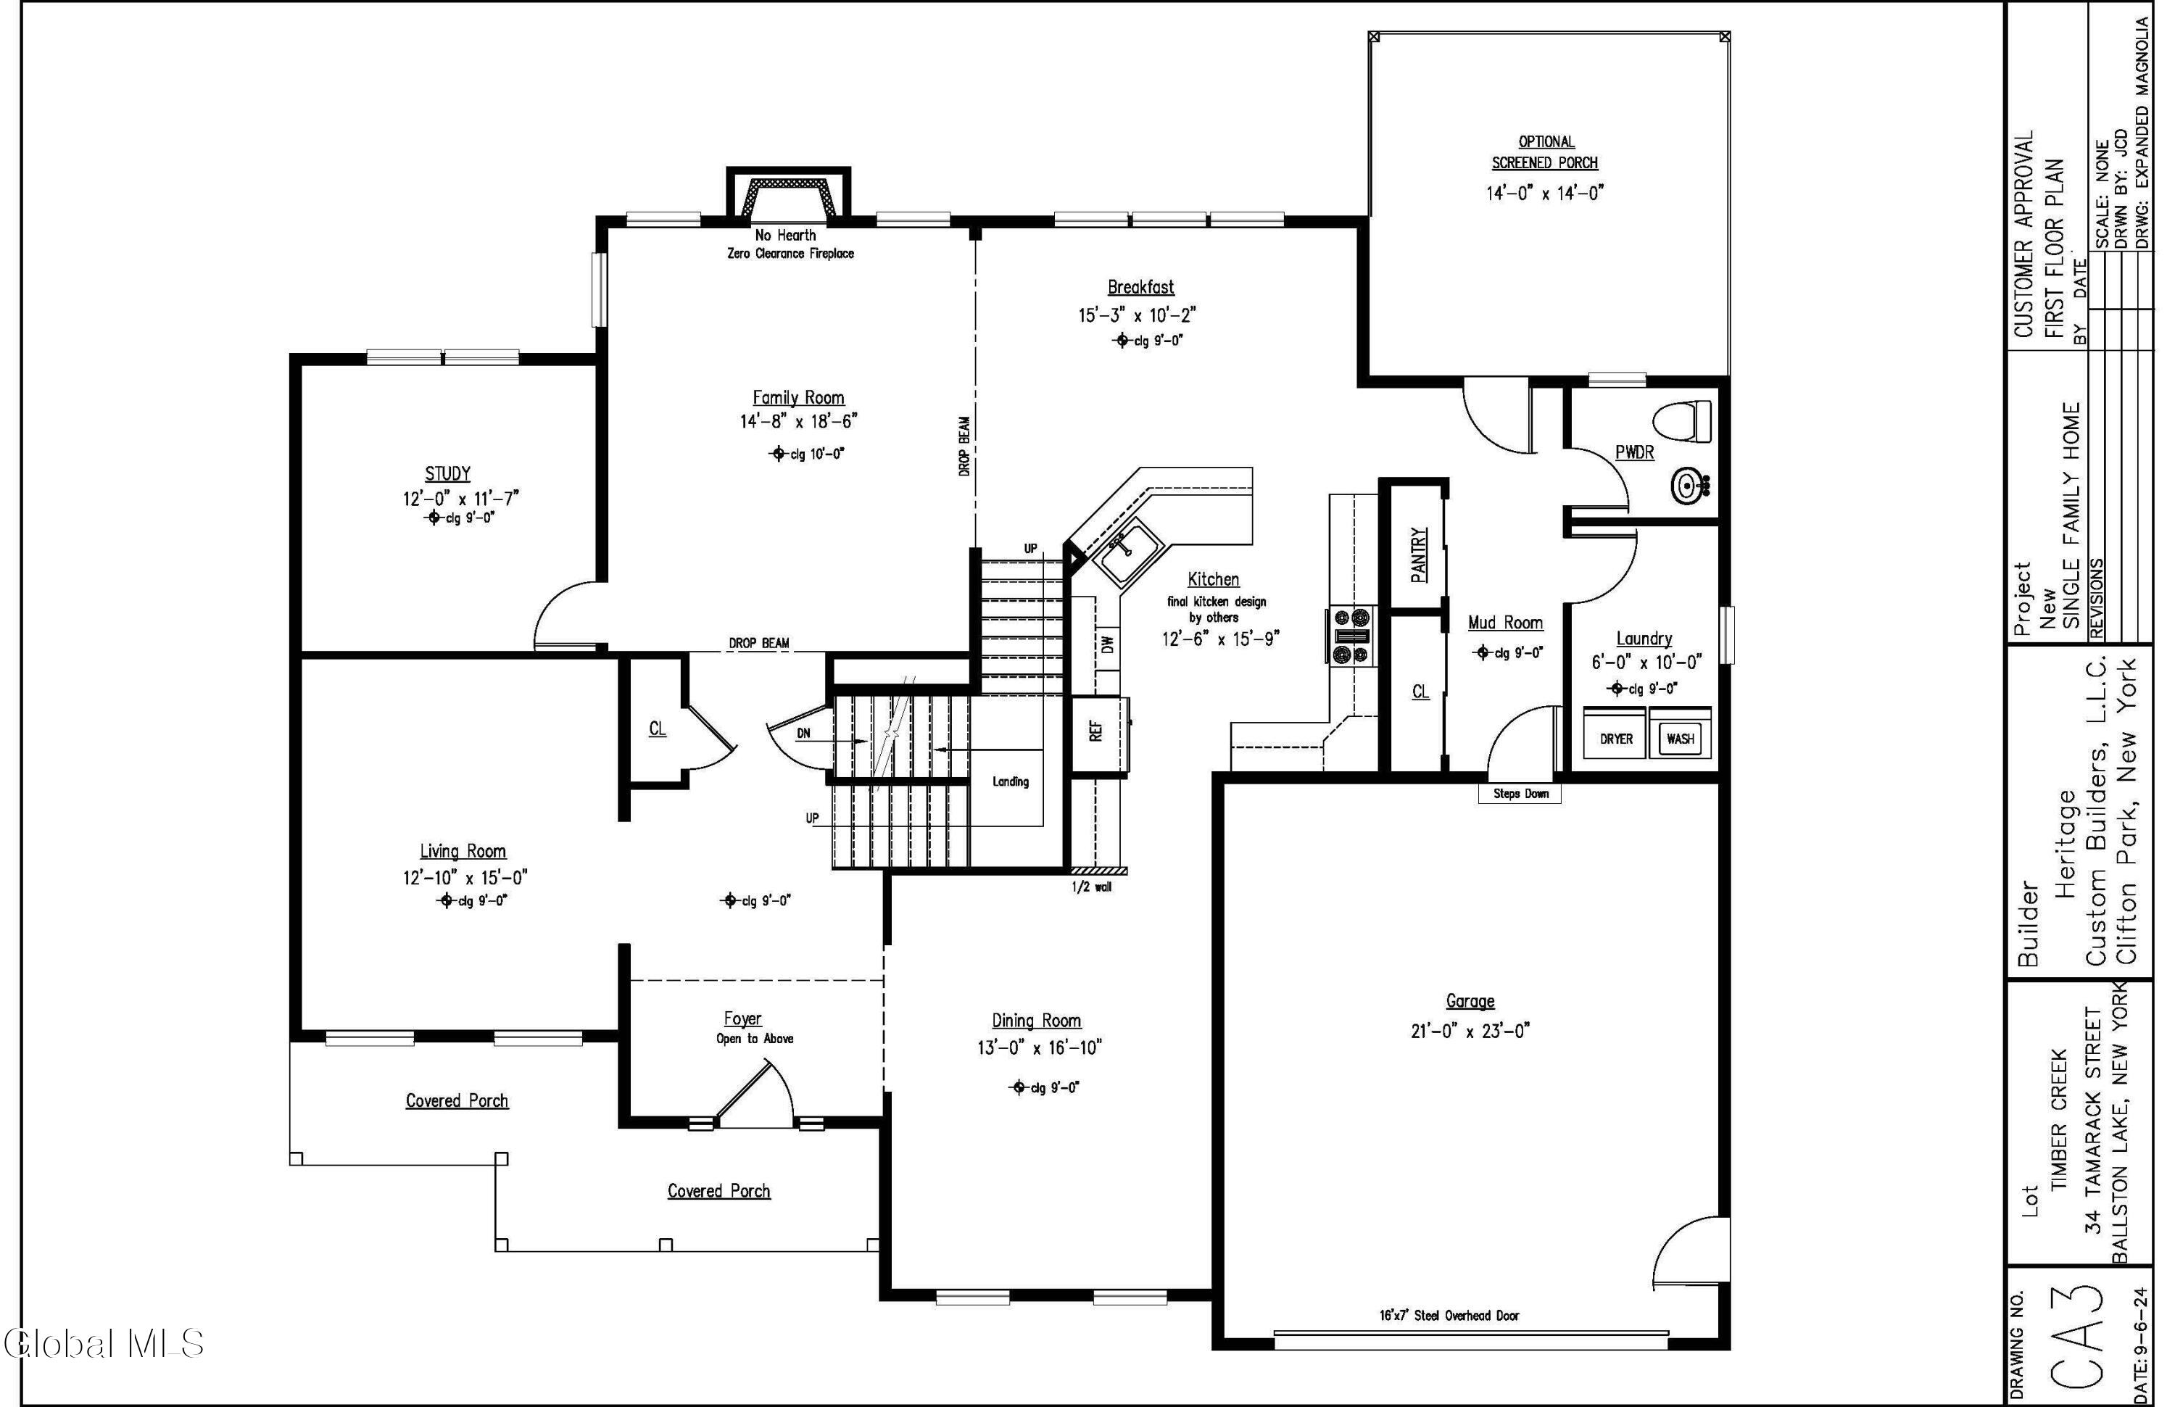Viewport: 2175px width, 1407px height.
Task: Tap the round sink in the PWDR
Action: point(1686,484)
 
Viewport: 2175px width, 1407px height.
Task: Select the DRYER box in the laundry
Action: point(1615,738)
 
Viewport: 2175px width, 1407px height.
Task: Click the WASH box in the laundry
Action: point(1680,738)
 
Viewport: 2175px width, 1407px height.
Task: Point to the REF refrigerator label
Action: point(1095,730)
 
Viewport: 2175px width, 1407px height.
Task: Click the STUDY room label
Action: point(448,473)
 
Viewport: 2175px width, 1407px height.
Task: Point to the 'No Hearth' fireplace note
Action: point(785,235)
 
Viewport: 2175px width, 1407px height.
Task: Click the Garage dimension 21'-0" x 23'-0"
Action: point(1470,1031)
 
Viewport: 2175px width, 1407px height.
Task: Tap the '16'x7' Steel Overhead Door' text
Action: point(1449,1316)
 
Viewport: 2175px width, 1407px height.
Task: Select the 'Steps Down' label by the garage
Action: point(1520,793)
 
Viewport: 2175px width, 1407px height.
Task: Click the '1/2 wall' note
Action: point(1091,887)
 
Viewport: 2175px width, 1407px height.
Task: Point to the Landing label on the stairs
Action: point(1010,781)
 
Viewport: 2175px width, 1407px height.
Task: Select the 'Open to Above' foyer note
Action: point(754,1039)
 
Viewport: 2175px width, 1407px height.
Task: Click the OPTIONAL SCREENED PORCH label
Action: point(1546,152)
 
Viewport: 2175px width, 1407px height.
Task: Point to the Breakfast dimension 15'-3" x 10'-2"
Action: point(1137,315)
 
